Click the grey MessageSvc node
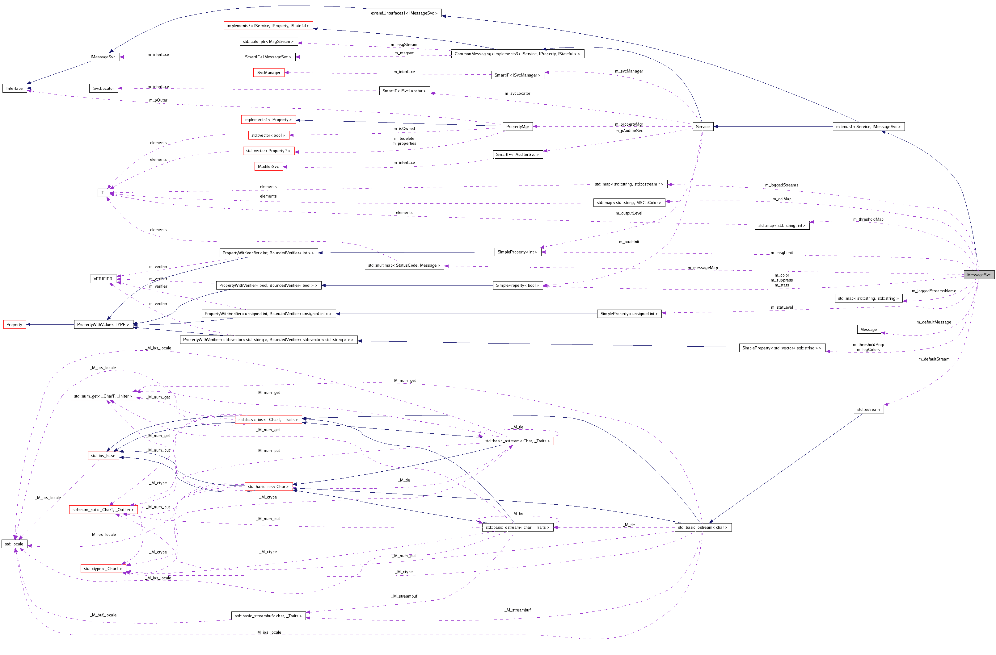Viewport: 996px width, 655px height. (978, 275)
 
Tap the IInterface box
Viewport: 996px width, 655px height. (14, 88)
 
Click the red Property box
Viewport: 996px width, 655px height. (14, 325)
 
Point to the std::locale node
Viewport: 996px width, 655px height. (14, 544)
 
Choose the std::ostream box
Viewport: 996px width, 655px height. (868, 410)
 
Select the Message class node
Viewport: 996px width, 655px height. (868, 330)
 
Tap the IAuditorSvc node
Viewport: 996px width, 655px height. (268, 166)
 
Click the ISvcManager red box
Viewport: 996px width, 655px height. (268, 73)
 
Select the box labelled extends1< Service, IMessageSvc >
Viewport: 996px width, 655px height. (868, 127)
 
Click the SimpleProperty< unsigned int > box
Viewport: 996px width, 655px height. (629, 314)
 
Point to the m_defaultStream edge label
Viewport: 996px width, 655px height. (934, 359)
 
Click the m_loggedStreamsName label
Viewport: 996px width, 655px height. (934, 291)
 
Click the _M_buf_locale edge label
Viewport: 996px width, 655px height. (103, 615)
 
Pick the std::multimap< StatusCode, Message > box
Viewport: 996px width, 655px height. (404, 265)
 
